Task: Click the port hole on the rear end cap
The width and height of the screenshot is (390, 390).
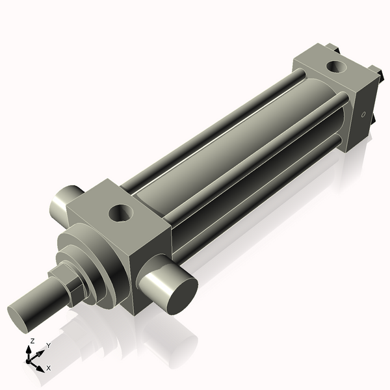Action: pyautogui.click(x=337, y=66)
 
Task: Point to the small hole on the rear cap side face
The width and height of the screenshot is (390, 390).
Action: pyautogui.click(x=363, y=116)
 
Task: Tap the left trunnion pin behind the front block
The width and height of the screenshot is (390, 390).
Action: pyautogui.click(x=66, y=203)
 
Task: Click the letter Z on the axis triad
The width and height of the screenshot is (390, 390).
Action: pyautogui.click(x=32, y=341)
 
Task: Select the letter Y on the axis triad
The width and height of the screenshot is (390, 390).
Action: pyautogui.click(x=48, y=346)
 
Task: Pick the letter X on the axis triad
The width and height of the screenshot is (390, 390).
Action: pyautogui.click(x=48, y=368)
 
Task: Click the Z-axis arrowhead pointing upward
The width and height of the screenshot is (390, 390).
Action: pyautogui.click(x=29, y=348)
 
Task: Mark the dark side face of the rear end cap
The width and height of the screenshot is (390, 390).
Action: pyautogui.click(x=364, y=117)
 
